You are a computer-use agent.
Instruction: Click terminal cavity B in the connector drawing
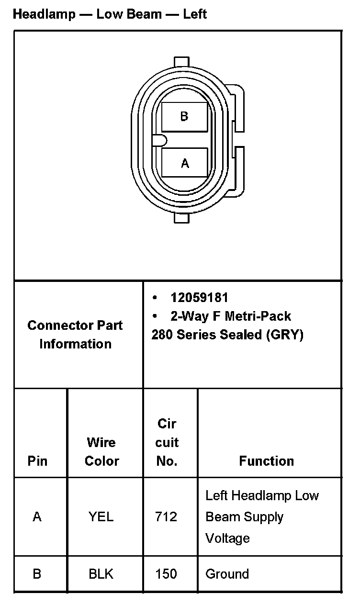184,116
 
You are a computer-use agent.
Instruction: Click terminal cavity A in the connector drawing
185,163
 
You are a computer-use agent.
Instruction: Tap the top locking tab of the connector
182,62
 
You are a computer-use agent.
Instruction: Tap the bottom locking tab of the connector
182,218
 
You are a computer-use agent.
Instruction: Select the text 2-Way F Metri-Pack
231,316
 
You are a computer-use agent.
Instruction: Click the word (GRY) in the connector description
286,335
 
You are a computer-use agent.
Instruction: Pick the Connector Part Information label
75,335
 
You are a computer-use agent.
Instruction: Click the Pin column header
37,461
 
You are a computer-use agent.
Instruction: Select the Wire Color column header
101,451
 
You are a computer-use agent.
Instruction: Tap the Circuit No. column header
167,442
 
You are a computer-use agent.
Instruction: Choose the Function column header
266,461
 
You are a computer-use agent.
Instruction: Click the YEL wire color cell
101,517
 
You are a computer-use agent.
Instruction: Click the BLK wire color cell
101,574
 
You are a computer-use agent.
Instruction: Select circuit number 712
166,517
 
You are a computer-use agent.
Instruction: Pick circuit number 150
166,574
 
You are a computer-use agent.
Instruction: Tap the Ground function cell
227,574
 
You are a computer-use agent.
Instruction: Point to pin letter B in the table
37,574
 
